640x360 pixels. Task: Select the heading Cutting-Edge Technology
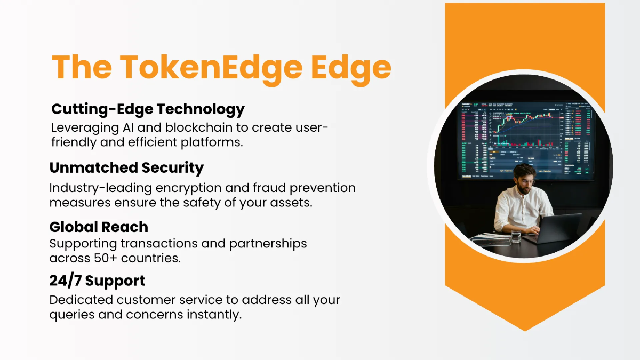[x=148, y=109]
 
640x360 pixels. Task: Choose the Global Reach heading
[x=99, y=227]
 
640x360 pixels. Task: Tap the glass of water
[x=516, y=236]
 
